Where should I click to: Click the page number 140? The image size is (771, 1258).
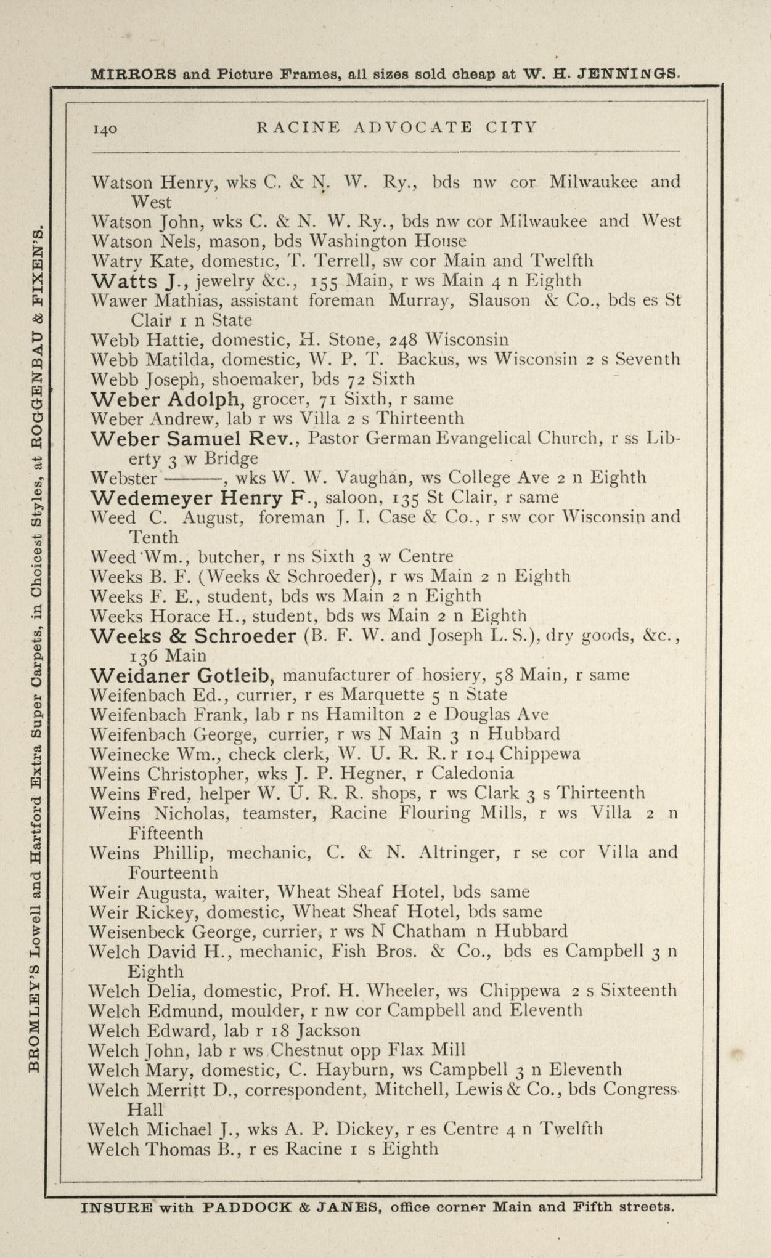point(105,129)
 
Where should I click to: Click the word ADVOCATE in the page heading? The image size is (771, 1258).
point(413,128)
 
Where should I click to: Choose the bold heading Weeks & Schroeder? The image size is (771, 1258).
point(193,636)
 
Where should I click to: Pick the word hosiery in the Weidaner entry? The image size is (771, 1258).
point(451,675)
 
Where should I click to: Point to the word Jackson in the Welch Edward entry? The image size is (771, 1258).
point(328,1031)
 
